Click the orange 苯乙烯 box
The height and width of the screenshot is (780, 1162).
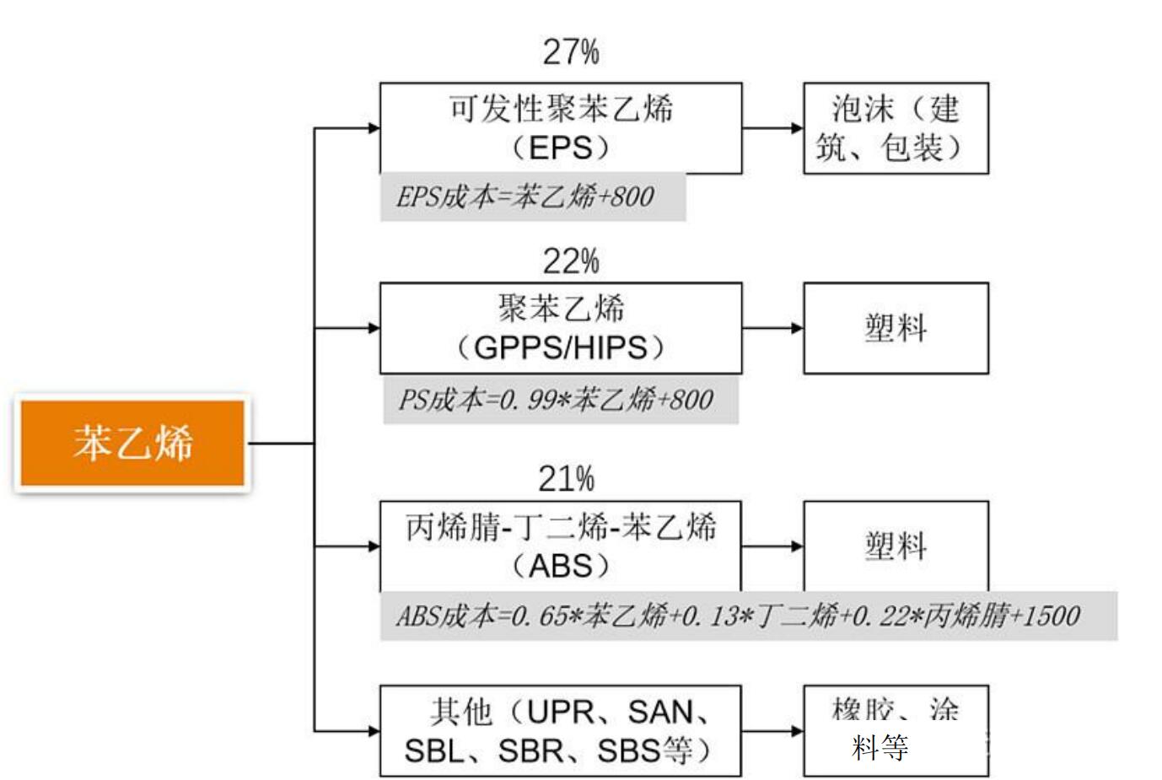(132, 443)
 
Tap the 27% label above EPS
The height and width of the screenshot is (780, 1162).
(571, 52)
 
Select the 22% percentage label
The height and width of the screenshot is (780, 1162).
(571, 261)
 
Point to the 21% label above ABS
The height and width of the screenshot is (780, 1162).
(567, 479)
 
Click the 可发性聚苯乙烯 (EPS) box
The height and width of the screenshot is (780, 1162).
(561, 128)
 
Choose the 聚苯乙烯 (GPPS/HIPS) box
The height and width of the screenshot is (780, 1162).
(561, 328)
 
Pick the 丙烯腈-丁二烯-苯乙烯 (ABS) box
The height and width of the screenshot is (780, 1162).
(561, 546)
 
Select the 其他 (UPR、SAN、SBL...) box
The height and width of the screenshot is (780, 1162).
(561, 730)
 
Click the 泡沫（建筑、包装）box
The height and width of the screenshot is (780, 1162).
(896, 128)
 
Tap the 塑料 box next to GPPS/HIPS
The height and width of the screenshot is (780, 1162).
(896, 328)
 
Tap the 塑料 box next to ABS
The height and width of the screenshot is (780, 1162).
(896, 546)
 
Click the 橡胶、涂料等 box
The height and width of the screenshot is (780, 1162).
(896, 730)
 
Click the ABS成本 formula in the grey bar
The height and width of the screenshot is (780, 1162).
(738, 616)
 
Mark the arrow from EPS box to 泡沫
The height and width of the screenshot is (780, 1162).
(772, 128)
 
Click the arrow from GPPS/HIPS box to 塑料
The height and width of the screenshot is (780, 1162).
(772, 328)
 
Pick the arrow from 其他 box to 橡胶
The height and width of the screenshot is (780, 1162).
(772, 730)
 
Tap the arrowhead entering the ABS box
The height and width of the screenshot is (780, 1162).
(374, 546)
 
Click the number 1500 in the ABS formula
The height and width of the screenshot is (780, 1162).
(1052, 616)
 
